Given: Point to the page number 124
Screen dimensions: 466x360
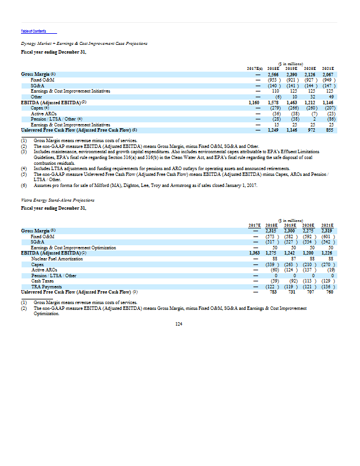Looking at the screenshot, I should [179, 324].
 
